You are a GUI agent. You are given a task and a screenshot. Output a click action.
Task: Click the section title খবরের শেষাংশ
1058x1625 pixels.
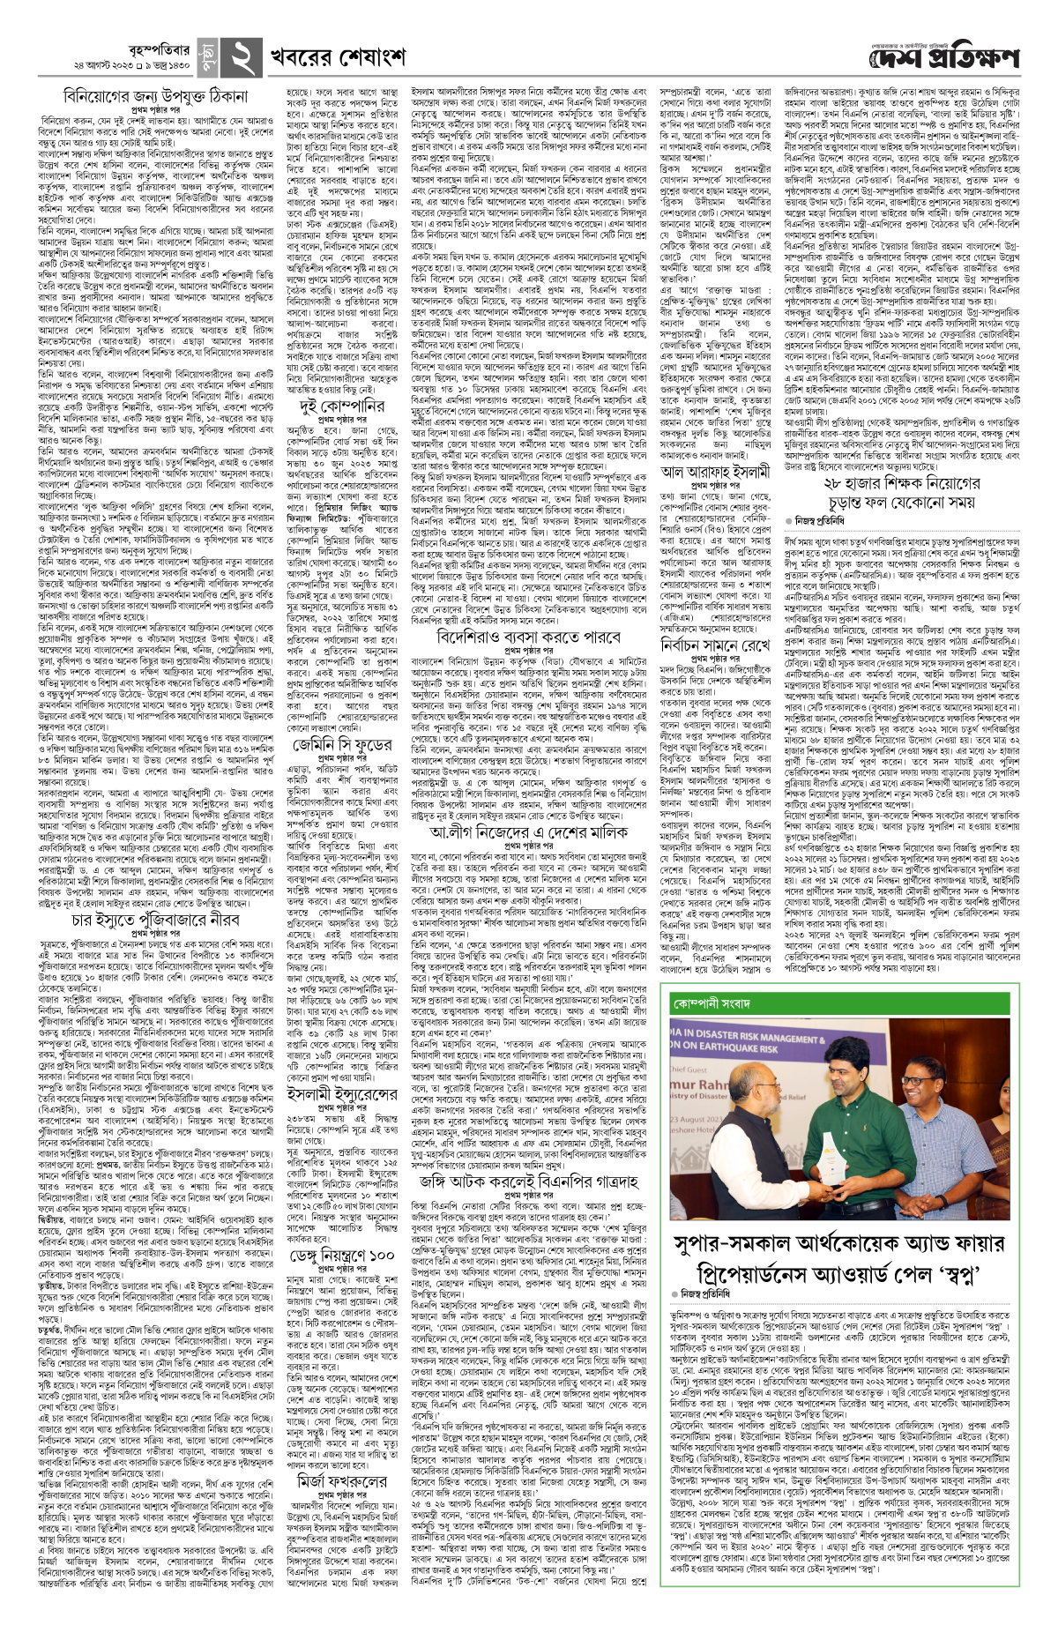click(338, 57)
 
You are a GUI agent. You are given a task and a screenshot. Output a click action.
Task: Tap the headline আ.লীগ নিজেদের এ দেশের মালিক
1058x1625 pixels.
click(529, 832)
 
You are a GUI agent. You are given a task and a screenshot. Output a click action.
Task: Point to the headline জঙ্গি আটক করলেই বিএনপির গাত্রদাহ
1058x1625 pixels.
click(529, 1180)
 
